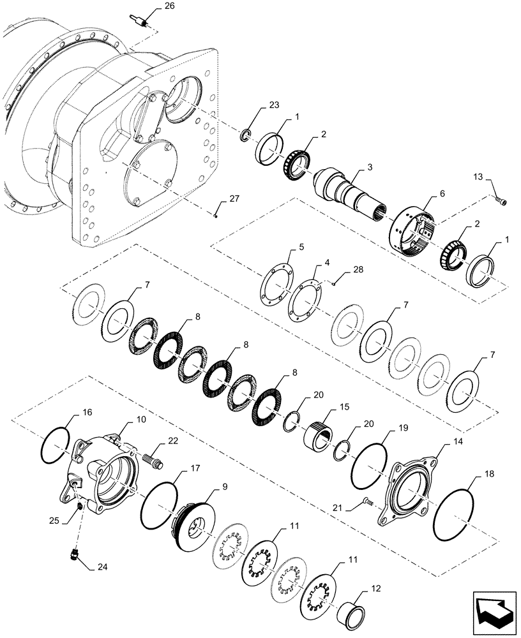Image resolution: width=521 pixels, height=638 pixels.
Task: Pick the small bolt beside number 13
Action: pos(501,202)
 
